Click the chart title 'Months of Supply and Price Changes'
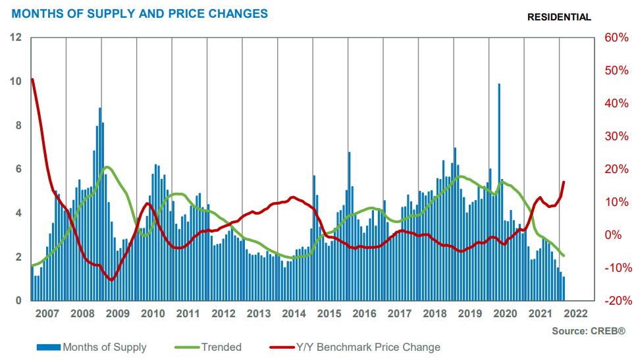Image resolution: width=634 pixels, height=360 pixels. point(140,13)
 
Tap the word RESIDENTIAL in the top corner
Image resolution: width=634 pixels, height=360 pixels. point(559,17)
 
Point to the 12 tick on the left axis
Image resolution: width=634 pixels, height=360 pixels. point(17,38)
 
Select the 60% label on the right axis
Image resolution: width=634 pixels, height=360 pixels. point(615,38)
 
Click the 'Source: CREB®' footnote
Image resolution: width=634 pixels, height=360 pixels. point(588,330)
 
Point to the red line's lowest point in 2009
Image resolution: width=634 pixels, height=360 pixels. point(111,280)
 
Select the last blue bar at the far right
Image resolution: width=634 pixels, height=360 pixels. point(563,289)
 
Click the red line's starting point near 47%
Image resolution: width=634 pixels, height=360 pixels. point(32,80)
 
